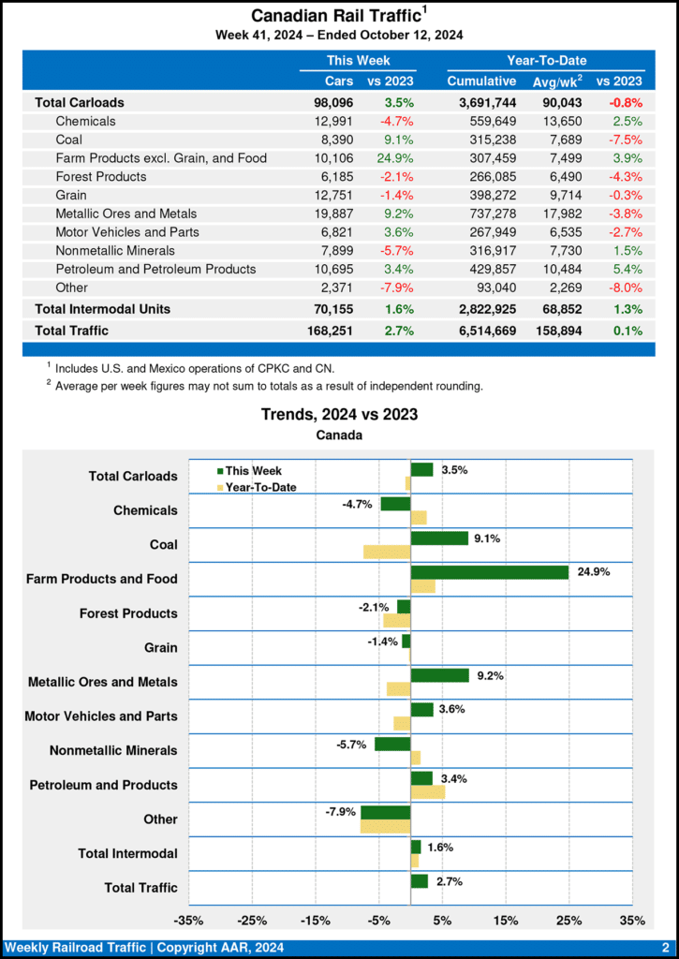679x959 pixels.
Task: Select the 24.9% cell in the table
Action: click(398, 158)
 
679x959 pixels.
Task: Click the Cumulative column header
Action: click(481, 81)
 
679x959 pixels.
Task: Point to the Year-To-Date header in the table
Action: click(546, 60)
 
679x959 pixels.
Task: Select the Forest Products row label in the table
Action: click(101, 176)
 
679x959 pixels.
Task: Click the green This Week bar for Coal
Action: click(439, 539)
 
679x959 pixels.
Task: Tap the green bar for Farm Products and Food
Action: click(489, 572)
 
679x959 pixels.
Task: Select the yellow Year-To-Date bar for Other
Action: click(385, 826)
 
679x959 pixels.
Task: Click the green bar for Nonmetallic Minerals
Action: click(392, 744)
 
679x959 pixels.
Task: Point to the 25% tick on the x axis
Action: click(568, 921)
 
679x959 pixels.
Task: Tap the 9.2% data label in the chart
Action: click(491, 675)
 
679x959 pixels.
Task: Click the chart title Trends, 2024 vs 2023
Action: click(339, 414)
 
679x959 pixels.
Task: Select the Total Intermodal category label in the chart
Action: click(129, 853)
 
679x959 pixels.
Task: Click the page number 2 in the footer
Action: click(664, 948)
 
